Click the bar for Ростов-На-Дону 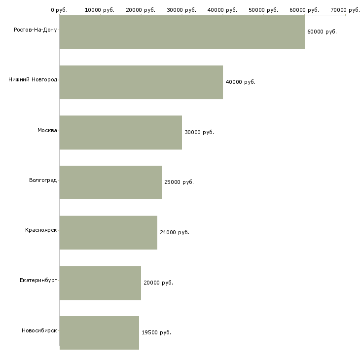182,32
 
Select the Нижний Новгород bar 141,82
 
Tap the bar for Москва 121,133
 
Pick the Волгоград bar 110,182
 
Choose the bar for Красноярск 108,233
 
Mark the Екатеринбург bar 100,283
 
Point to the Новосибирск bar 99,333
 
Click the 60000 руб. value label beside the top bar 322,32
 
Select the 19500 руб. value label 156,332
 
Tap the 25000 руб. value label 179,182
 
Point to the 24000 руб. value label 175,232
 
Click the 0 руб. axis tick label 59,10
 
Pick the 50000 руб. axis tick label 263,10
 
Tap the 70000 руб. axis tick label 345,10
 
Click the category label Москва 47,130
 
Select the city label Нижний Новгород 33,80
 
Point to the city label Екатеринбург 38,280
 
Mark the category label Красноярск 41,230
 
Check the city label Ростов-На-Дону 36,30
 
